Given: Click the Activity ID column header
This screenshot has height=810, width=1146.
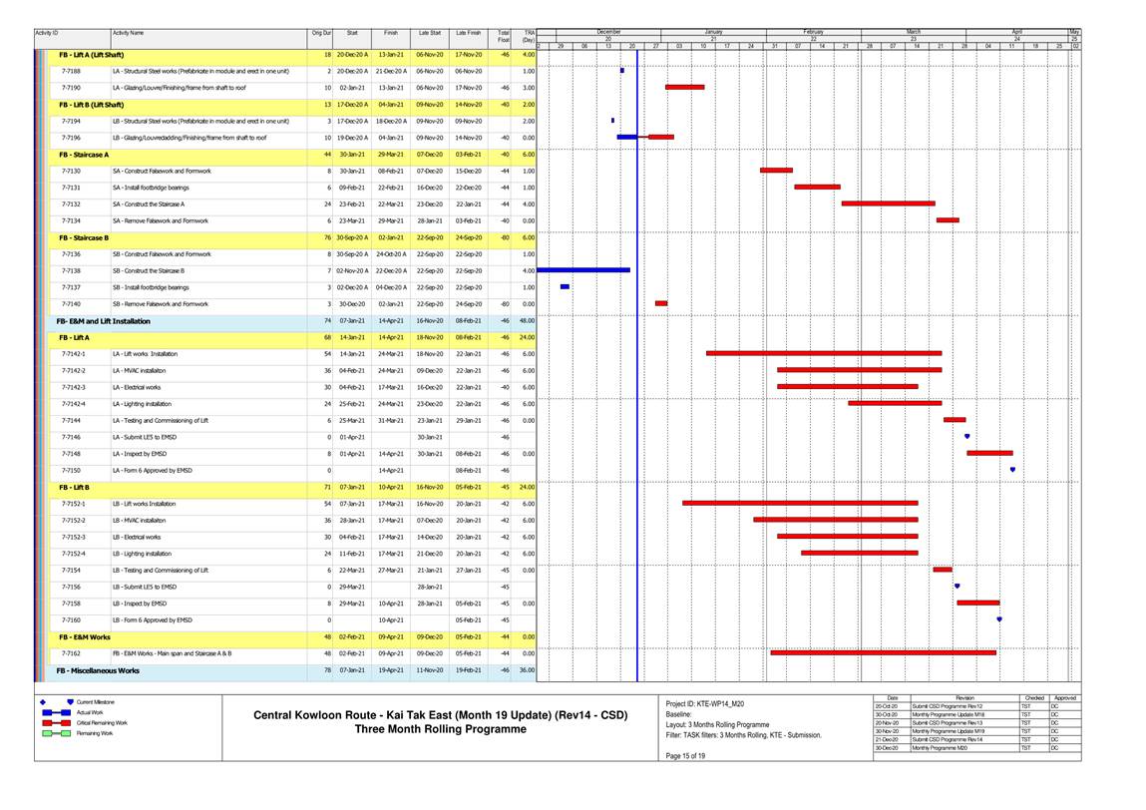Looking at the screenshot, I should point(47,33).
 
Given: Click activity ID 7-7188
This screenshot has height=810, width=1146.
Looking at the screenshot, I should point(71,71).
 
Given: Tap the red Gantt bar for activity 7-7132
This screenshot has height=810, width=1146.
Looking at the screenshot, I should point(888,203).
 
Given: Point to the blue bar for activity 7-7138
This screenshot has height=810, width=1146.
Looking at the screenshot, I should point(583,270).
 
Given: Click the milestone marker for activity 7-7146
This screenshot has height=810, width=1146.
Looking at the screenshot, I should point(966,437).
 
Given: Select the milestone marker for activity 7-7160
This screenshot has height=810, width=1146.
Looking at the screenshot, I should point(999,619).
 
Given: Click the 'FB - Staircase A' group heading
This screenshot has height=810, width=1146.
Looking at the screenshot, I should point(84,155).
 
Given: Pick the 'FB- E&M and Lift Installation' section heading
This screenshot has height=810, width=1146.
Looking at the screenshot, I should point(104,321).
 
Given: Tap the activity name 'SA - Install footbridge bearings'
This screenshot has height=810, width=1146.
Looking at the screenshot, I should point(162,188).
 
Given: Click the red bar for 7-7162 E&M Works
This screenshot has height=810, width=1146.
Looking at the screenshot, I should point(883,652).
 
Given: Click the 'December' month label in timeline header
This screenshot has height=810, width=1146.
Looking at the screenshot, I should point(607,32).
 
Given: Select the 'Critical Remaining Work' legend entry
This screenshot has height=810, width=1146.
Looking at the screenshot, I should point(103,722).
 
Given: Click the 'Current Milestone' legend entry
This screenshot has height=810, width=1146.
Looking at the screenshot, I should point(99,702).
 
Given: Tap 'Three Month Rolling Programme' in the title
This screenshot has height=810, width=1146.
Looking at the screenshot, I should point(440,729).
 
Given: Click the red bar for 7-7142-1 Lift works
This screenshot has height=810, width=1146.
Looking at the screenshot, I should point(823,353).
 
